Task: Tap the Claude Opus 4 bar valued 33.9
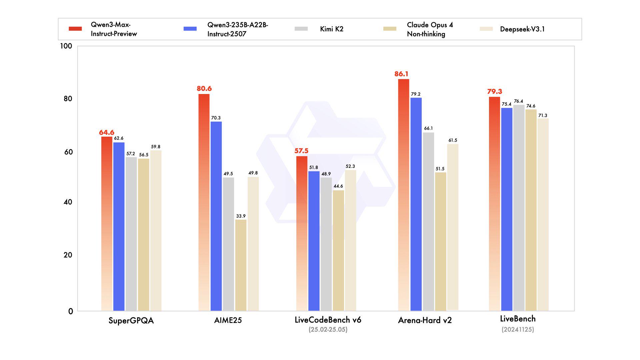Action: (x=241, y=265)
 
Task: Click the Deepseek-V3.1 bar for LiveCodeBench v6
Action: (x=350, y=240)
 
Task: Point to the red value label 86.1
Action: (x=401, y=74)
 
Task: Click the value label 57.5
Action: (x=301, y=151)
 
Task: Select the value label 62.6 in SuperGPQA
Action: (x=119, y=138)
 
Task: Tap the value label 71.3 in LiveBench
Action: (x=543, y=115)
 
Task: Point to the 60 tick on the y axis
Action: (x=68, y=152)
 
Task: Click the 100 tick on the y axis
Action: (x=66, y=46)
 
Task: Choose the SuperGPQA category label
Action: (x=131, y=320)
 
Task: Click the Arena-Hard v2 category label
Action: (x=425, y=320)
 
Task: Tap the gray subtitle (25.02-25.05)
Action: (x=328, y=330)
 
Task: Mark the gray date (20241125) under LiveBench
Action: (x=518, y=329)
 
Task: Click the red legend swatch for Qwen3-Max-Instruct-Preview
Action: (x=75, y=29)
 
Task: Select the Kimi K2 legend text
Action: (x=331, y=29)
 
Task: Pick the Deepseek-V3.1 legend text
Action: (x=522, y=29)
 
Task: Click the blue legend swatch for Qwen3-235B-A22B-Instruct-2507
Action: (x=190, y=29)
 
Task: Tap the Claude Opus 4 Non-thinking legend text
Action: (x=429, y=29)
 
